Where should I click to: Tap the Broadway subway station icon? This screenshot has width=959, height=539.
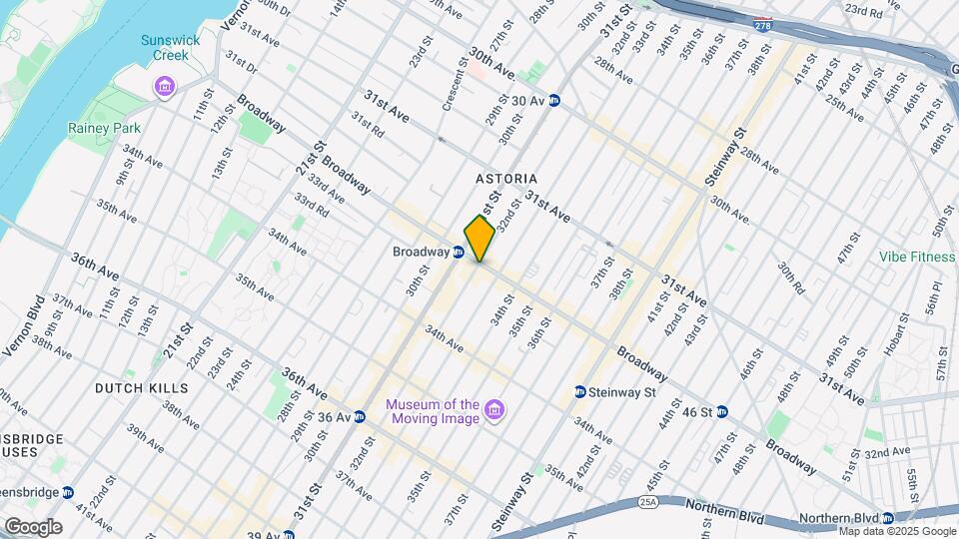[x=457, y=253]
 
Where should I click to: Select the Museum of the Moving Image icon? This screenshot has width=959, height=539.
[x=493, y=410]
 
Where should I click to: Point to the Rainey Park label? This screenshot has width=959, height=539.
[x=104, y=129]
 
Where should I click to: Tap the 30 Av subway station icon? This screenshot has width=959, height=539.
[x=553, y=101]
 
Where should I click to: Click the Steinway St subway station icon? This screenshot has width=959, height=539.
[x=579, y=391]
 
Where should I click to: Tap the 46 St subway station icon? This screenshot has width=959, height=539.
[x=721, y=411]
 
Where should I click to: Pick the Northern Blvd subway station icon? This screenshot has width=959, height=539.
[x=887, y=518]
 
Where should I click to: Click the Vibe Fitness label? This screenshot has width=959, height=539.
[x=917, y=257]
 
